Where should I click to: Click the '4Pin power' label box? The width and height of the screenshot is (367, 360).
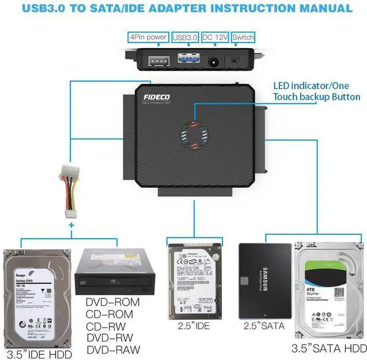pos(149,37)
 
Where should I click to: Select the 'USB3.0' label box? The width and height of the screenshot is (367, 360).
pos(184,37)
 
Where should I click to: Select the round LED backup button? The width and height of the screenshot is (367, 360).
pos(195,136)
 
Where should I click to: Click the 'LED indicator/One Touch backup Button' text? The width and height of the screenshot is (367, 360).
pos(316,91)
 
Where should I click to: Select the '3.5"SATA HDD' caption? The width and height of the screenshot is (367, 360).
pos(329,348)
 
